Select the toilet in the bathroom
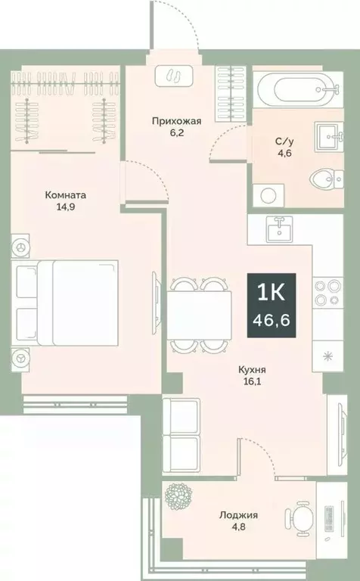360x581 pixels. click(324, 179)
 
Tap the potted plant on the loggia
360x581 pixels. click(180, 499)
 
